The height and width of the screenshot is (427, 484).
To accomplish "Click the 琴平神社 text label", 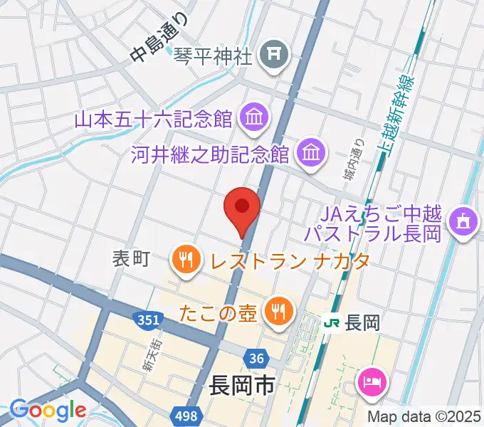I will pyautogui.click(x=214, y=55).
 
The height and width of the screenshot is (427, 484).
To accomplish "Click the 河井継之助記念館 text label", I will pyautogui.click(x=210, y=154).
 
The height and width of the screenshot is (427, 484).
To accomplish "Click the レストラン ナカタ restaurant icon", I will pyautogui.click(x=186, y=259).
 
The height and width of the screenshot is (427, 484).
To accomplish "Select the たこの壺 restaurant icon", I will pyautogui.click(x=275, y=310).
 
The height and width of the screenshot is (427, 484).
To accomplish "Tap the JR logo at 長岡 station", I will pyautogui.click(x=331, y=322).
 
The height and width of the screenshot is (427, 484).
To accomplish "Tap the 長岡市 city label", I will pyautogui.click(x=242, y=387).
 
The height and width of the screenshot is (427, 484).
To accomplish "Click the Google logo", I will pyautogui.click(x=48, y=410).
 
